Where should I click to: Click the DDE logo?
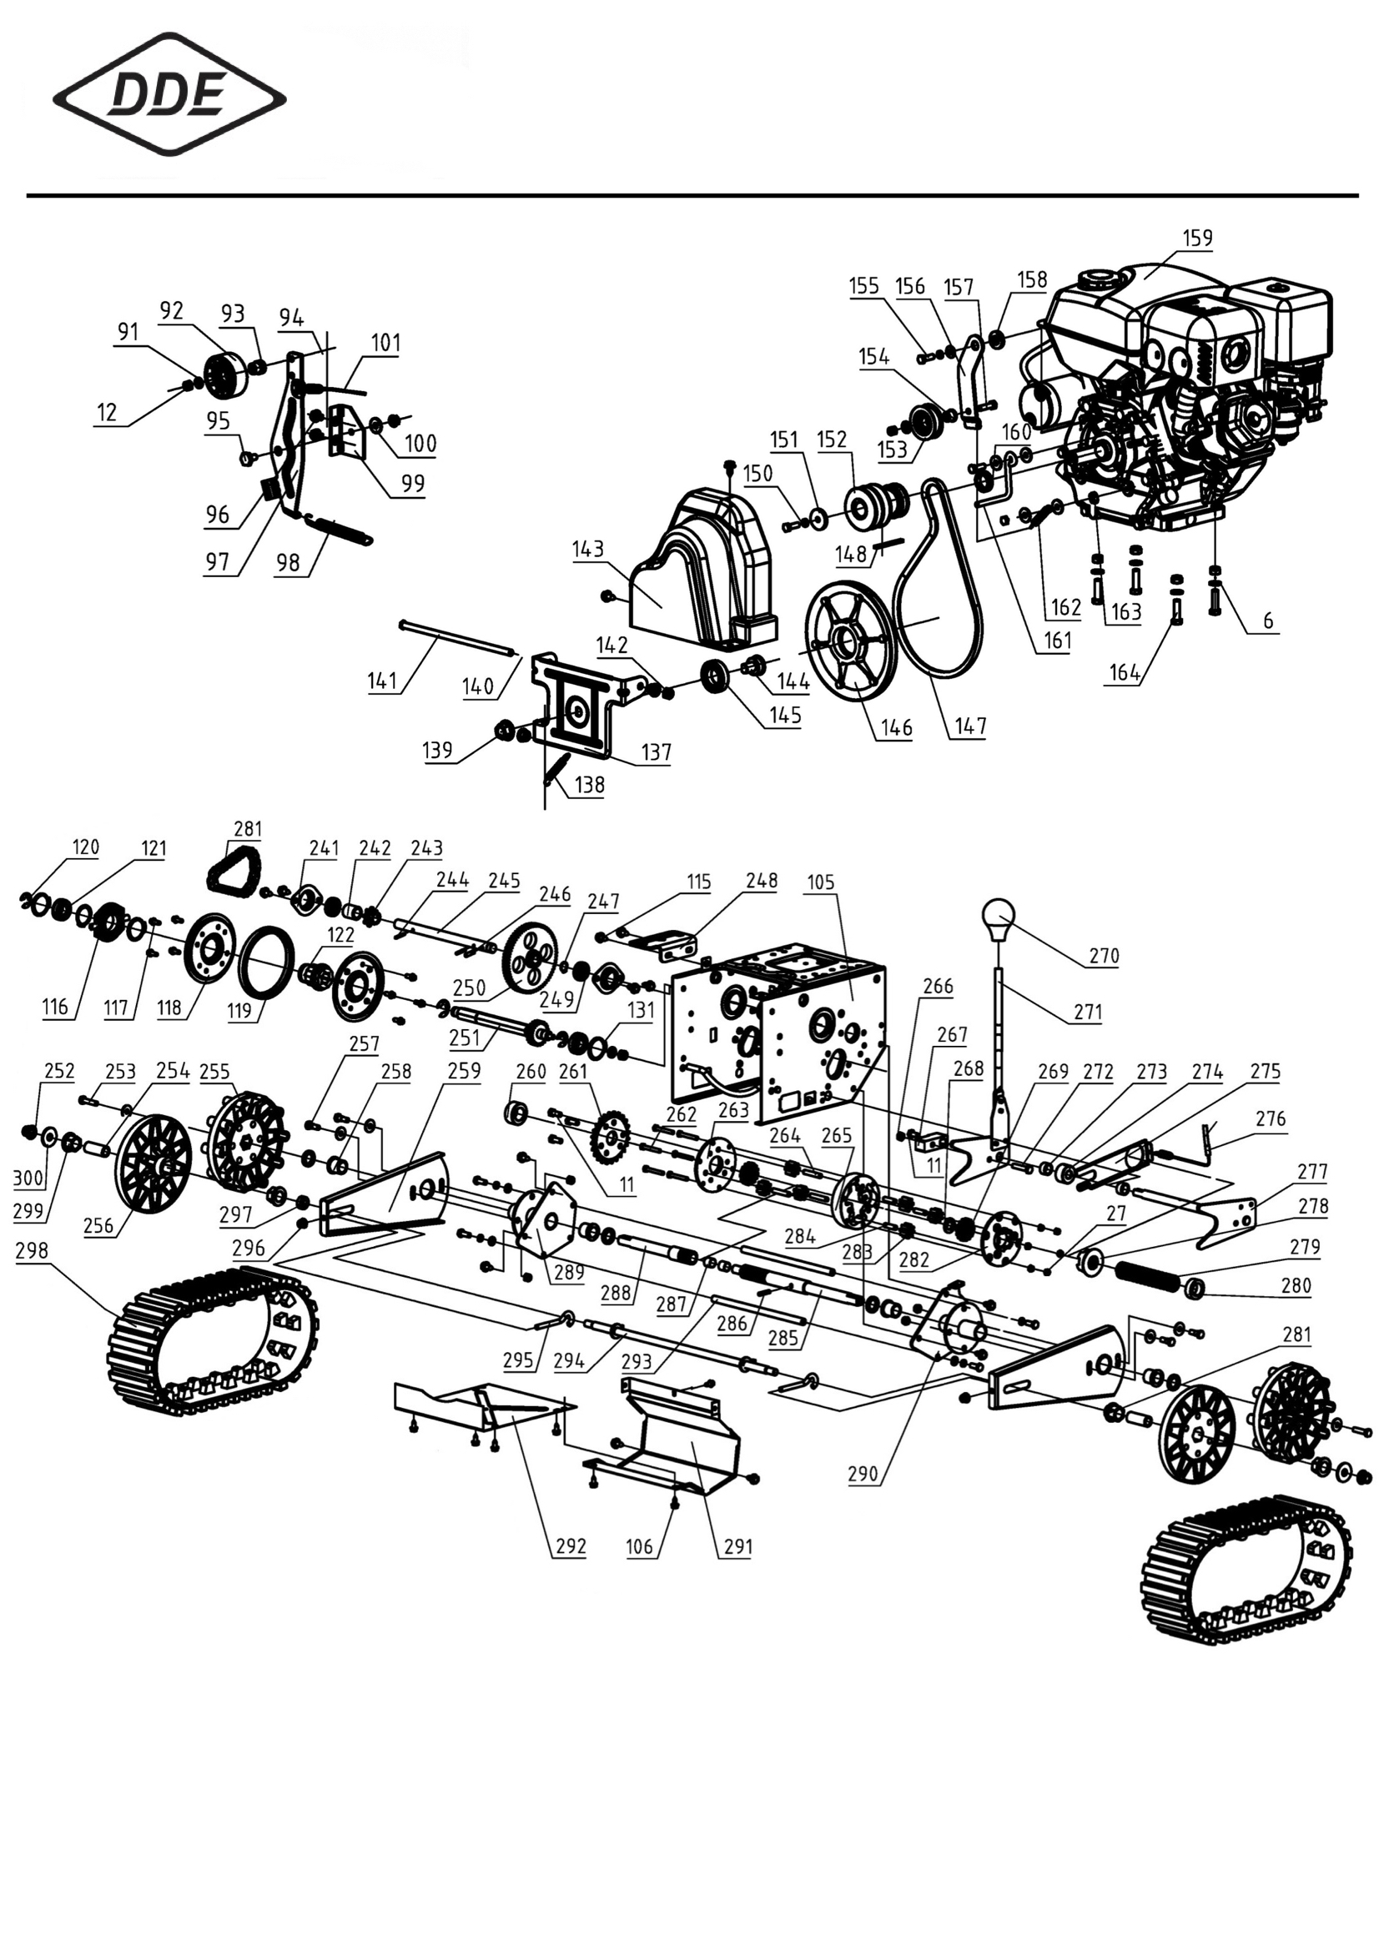169,94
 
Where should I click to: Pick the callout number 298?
33,1251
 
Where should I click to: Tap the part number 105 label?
821,882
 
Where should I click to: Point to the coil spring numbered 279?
1150,1274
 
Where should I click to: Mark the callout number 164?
1124,672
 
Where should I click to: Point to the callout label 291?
737,1546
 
